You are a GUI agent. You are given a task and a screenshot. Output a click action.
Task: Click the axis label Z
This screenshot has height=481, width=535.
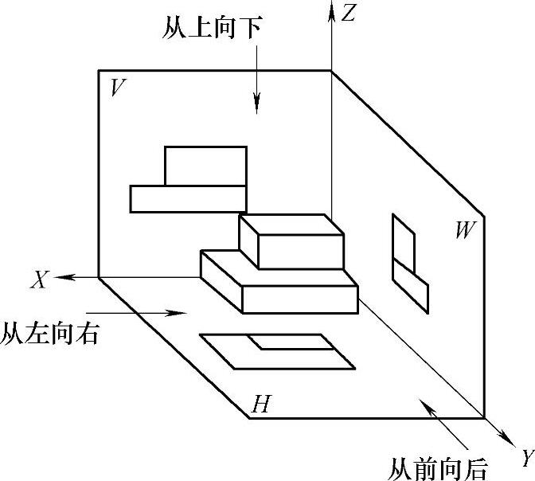(348, 14)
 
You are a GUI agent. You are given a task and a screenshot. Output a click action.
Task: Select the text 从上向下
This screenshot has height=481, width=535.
(211, 31)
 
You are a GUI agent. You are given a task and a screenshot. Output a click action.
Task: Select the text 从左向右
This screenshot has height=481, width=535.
(50, 332)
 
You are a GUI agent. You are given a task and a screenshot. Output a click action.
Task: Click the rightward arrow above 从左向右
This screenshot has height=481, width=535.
(135, 313)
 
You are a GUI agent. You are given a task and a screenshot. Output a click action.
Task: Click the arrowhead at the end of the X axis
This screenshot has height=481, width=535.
(65, 277)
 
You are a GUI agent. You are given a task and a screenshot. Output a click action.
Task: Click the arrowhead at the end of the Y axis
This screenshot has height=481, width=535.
(506, 437)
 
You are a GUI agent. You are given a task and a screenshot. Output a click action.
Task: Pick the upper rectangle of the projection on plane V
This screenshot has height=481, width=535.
(205, 166)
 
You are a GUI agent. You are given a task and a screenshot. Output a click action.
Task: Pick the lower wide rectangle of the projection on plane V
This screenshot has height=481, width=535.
(187, 198)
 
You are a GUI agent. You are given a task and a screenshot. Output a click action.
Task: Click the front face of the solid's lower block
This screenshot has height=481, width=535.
(299, 299)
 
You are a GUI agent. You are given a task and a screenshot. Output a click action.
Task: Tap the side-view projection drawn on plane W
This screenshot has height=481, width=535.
(408, 263)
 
